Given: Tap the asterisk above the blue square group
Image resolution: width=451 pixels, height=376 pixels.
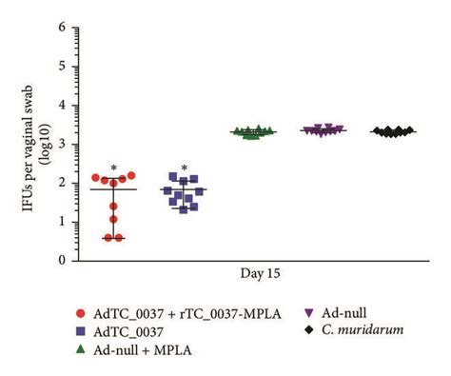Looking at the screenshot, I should (186, 169).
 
